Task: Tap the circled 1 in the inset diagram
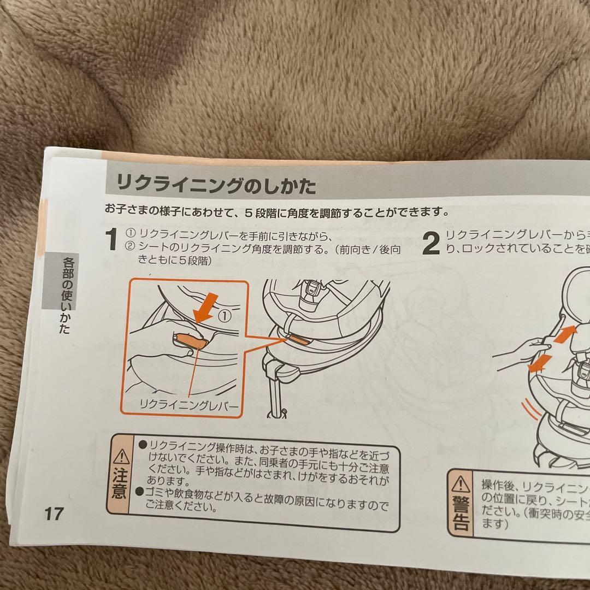click(x=224, y=315)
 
